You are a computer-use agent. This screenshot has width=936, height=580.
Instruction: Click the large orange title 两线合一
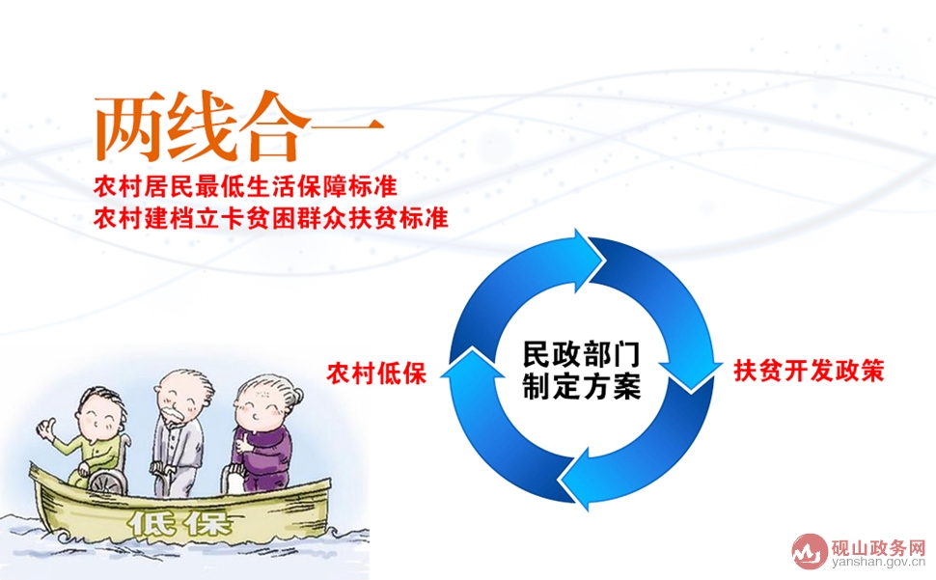coord(238,127)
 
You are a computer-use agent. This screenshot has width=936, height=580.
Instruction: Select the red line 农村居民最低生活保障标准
coord(245,186)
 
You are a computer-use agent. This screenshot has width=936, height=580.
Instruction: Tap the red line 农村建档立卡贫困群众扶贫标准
coord(271,218)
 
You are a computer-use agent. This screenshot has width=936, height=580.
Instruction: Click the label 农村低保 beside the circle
coord(376,373)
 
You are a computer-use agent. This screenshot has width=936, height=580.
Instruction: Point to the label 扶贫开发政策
coord(809,370)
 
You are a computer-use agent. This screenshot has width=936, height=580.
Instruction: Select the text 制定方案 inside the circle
coord(582,385)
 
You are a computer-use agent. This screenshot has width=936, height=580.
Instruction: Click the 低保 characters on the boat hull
coord(179,523)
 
